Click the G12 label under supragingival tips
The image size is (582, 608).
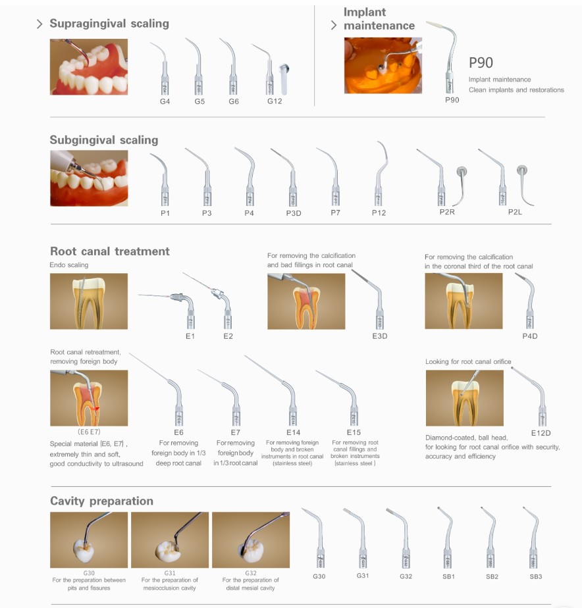(x=275, y=101)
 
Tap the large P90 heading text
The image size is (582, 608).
(x=481, y=63)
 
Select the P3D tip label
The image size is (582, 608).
(x=294, y=213)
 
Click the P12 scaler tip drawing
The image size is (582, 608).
(x=381, y=173)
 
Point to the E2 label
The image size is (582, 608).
(x=228, y=336)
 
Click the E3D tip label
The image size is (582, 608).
(x=379, y=336)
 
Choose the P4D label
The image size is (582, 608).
(x=529, y=336)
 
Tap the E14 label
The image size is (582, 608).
(x=294, y=432)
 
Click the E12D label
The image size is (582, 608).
(x=541, y=433)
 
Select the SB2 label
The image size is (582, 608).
(x=492, y=576)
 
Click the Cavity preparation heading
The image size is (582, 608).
(x=101, y=501)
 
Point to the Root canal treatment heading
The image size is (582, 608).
(x=110, y=251)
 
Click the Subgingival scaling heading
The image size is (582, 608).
(x=104, y=140)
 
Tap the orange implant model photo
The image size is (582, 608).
(x=383, y=66)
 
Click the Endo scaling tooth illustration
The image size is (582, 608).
(x=89, y=301)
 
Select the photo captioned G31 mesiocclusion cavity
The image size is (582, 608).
(x=170, y=540)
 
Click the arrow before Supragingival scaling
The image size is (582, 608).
(x=40, y=24)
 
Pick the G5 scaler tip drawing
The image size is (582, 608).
(x=196, y=66)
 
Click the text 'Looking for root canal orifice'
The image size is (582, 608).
(x=468, y=362)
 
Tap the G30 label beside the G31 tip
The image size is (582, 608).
(x=319, y=576)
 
